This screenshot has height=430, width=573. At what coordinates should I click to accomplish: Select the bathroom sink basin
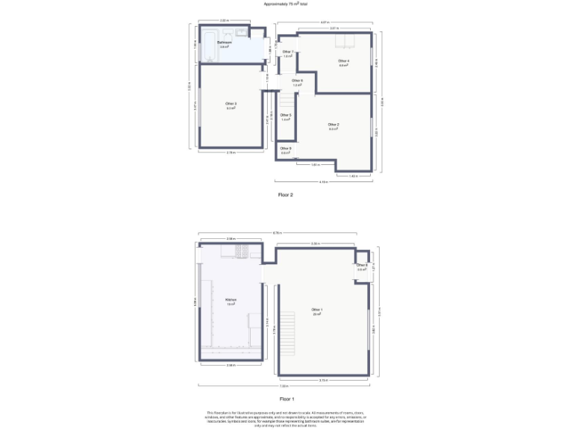(x=241, y=33)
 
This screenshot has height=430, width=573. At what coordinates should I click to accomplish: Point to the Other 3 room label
(x=231, y=105)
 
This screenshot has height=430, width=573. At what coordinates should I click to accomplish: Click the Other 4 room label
(x=343, y=62)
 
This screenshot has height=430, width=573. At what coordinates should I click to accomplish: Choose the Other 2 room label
(x=334, y=125)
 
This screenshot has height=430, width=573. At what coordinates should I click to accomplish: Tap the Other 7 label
(x=287, y=53)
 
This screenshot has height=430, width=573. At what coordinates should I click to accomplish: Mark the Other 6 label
(x=297, y=82)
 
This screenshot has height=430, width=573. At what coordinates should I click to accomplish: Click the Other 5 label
(x=285, y=116)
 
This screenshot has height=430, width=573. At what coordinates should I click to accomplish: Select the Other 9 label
(x=285, y=149)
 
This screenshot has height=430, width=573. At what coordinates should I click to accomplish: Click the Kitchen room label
(x=231, y=302)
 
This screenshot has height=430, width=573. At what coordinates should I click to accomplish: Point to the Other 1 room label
(x=317, y=311)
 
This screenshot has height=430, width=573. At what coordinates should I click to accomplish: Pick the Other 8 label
(x=362, y=267)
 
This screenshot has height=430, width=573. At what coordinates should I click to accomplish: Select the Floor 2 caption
(x=286, y=195)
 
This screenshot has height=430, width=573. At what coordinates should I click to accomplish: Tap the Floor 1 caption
(x=286, y=399)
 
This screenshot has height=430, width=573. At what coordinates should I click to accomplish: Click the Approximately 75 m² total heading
(x=286, y=4)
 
